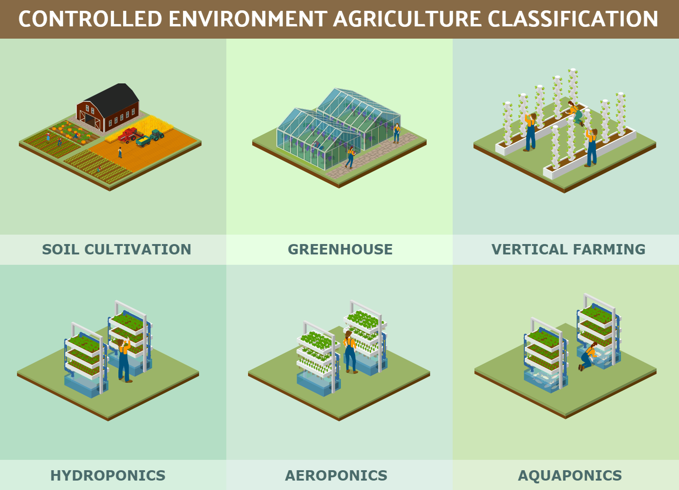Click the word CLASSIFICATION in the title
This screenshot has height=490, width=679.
pos(573,19)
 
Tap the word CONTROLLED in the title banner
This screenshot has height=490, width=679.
pos(91,19)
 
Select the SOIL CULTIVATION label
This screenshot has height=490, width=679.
pos(117,250)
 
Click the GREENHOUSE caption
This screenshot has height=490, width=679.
pos(340,250)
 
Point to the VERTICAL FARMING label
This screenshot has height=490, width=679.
pos(568,250)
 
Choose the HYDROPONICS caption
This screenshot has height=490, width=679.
pos(108,475)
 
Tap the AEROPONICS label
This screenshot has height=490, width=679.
pos(336,475)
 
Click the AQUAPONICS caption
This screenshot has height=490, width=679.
pos(570,475)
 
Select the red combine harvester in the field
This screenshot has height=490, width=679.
pos(130,135)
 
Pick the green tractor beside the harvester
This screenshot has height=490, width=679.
pos(157,135)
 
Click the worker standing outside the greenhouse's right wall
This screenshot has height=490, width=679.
pos(397,133)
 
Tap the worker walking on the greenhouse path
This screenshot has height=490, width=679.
pos(350,157)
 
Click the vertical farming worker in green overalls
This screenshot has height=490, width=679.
pos(576,113)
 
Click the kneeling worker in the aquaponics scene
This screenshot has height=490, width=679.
pos(588,357)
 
